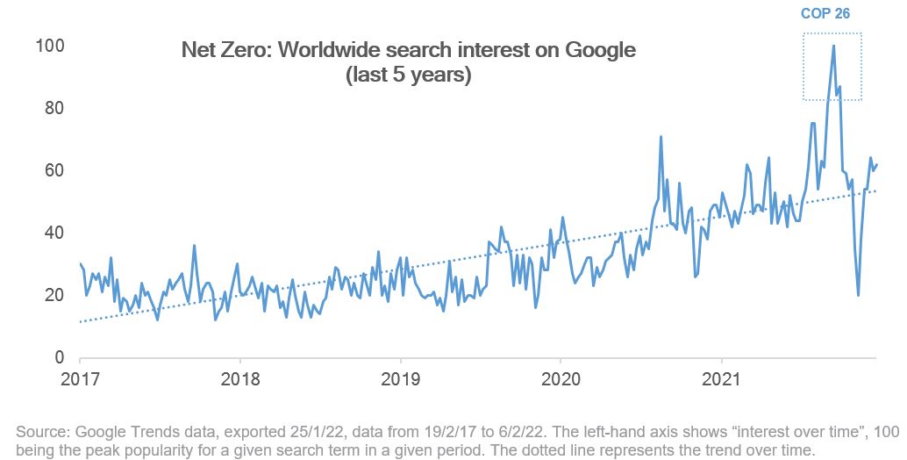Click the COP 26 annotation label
pos(825,14)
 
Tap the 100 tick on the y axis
pos(48,46)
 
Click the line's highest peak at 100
pos(833,47)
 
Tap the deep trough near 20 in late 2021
pos(858,295)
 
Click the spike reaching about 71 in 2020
pos(661,137)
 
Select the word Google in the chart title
pos(601,50)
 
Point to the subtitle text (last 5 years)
pos(409,76)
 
